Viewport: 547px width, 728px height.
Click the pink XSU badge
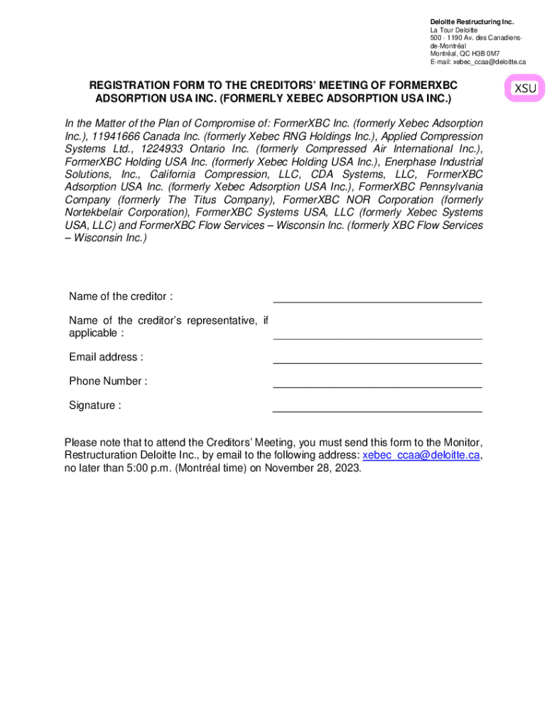point(526,89)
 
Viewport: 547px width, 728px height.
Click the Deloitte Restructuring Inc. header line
point(472,22)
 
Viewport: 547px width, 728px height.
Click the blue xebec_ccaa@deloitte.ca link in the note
point(424,455)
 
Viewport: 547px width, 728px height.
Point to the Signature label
point(94,405)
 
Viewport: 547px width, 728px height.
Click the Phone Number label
point(108,381)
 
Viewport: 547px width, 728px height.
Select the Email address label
point(106,357)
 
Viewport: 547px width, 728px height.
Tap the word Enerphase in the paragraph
point(409,161)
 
